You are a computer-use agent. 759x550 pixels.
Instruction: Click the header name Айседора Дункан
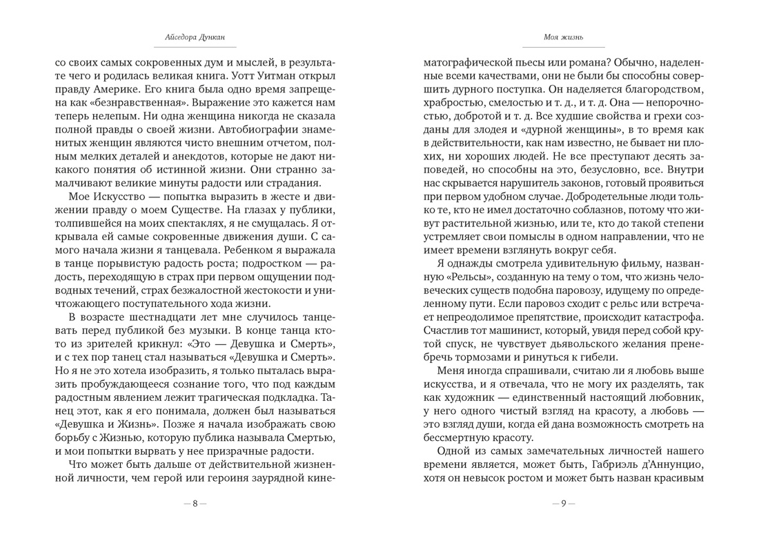coord(195,37)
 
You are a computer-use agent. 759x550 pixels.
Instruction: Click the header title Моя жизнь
coord(564,37)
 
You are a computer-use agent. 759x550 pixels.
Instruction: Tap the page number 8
coord(195,503)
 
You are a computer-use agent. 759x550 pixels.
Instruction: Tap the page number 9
coord(564,503)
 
